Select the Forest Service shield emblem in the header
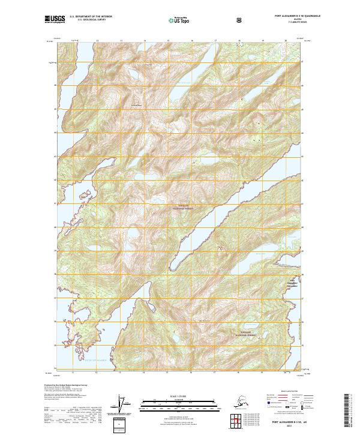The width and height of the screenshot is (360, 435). (x=240, y=20)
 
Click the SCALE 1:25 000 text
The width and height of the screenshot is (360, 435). (x=179, y=395)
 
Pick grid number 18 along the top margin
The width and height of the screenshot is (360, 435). (x=239, y=41)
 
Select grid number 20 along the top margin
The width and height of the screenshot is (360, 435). (x=285, y=41)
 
